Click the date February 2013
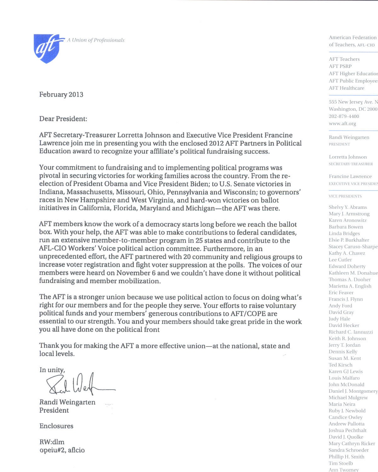tap(61, 95)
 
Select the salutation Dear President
tap(63, 119)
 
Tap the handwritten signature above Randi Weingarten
tap(79, 385)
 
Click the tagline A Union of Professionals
tap(96, 40)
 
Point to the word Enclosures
tap(56, 426)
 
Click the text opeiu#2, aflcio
tap(62, 450)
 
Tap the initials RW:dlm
tap(52, 442)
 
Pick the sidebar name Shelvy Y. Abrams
tap(348, 207)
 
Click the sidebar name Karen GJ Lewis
tap(346, 372)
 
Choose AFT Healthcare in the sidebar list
tap(346, 88)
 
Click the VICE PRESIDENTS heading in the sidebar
tap(345, 196)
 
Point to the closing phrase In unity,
tap(52, 370)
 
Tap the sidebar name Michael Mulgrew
tap(348, 398)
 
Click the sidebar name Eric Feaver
tap(341, 293)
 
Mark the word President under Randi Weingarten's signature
tap(54, 410)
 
